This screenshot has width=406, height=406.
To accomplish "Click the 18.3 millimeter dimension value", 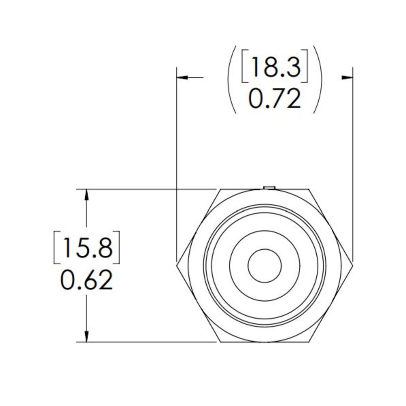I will tap(275, 67).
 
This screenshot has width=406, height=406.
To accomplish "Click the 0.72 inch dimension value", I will tap(275, 99).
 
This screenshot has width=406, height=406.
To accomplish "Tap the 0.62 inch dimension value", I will tap(86, 280).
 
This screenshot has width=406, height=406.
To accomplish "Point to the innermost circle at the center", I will tap(265, 266).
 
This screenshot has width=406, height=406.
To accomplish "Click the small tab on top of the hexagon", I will tap(269, 187).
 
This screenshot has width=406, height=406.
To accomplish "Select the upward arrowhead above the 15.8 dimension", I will tap(86, 195).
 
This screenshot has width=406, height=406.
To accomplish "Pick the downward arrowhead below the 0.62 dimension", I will tap(86, 336).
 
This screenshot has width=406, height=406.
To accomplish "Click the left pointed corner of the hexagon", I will tap(177, 266).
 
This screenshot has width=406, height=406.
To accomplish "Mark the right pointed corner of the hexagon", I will tap(353, 266).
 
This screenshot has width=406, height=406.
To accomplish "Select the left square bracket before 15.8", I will tap(57, 247).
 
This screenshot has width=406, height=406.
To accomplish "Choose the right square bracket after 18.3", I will tap(304, 67).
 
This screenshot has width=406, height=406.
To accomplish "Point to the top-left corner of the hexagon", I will tap(220, 190).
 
